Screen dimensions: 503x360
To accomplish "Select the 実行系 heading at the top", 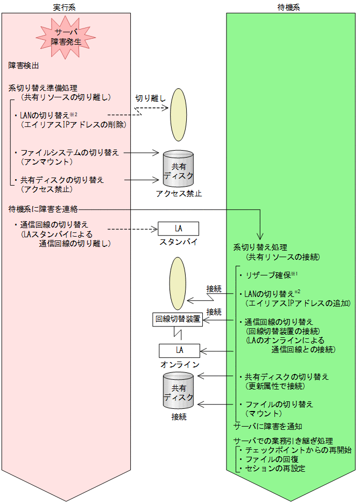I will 66,5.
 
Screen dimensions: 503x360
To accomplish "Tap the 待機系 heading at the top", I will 291,5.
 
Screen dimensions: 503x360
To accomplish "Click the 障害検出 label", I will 24,66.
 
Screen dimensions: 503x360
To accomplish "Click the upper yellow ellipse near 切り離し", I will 178,115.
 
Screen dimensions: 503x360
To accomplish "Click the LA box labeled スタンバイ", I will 178,228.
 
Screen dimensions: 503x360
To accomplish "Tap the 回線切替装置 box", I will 178,319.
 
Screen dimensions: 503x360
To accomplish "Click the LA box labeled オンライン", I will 178,351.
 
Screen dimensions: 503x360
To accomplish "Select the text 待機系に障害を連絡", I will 44,208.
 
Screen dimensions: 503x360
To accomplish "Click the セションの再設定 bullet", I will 274,469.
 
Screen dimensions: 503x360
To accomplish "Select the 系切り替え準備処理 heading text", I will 43,88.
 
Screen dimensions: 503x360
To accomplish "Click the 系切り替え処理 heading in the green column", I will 260,247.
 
